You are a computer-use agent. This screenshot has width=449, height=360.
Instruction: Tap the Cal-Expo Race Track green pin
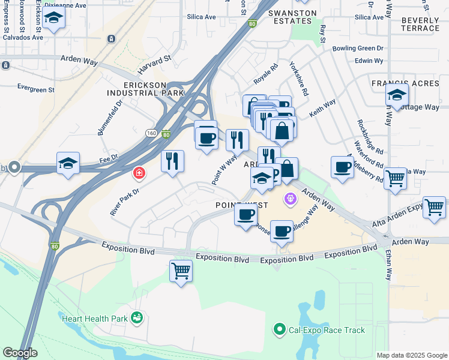pyautogui.click(x=279, y=329)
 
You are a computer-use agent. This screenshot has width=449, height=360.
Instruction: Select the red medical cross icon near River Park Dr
pyautogui.click(x=139, y=173)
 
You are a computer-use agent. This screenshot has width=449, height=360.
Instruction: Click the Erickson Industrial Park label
pyautogui.click(x=145, y=88)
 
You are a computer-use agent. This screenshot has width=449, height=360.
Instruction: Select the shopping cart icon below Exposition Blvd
pyautogui.click(x=181, y=271)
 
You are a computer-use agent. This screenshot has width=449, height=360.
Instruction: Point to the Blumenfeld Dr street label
pyautogui.click(x=110, y=117)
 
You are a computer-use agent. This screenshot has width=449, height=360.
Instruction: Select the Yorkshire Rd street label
pyautogui.click(x=298, y=79)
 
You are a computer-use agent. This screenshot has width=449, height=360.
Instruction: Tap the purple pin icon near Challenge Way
pyautogui.click(x=291, y=197)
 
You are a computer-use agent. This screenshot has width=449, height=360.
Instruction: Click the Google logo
pyautogui.click(x=20, y=353)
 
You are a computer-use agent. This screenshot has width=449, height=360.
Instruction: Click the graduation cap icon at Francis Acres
pyautogui.click(x=397, y=95)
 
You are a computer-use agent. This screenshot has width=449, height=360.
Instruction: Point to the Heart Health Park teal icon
pyautogui.click(x=137, y=317)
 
